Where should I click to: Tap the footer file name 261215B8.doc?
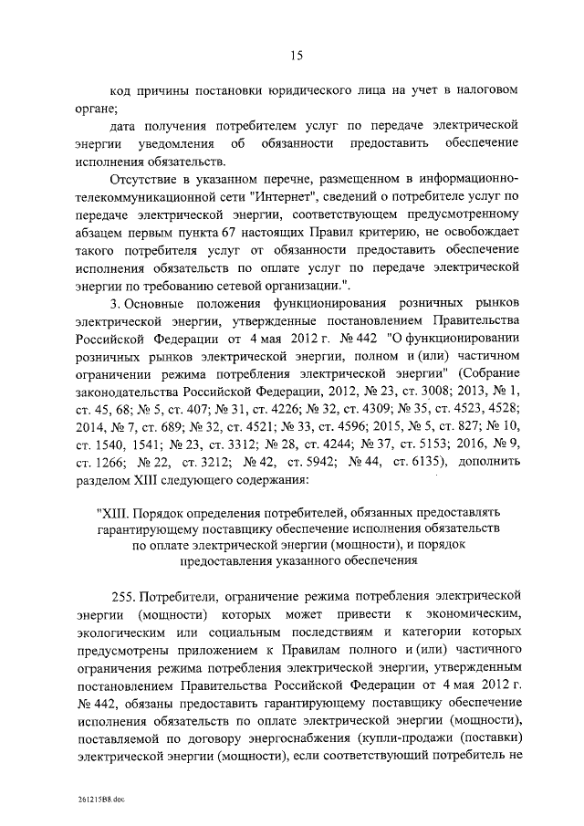pyautogui.click(x=101, y=796)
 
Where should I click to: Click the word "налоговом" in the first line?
pyautogui.click(x=487, y=91)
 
